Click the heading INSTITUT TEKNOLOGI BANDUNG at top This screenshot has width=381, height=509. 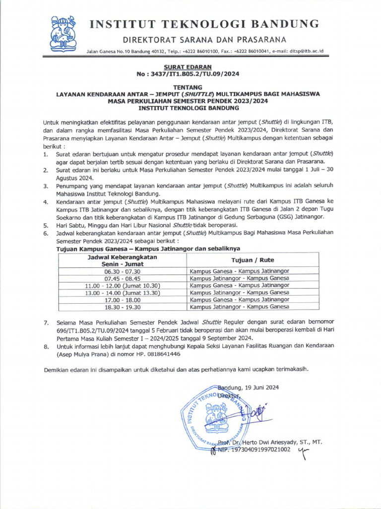(203, 23)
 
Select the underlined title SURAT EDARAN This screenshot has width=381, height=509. (188, 67)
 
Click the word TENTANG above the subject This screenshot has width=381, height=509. (188, 86)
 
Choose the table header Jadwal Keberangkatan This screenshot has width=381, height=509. (122, 257)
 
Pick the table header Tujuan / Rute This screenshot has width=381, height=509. (252, 260)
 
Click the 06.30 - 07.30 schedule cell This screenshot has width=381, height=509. (122, 271)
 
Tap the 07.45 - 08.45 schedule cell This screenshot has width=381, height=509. (122, 278)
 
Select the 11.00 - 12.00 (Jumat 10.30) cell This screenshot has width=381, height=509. (122, 286)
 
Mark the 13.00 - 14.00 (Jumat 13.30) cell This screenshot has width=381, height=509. (122, 293)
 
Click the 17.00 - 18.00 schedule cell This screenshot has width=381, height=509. (122, 300)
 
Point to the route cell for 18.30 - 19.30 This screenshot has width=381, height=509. (239, 307)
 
